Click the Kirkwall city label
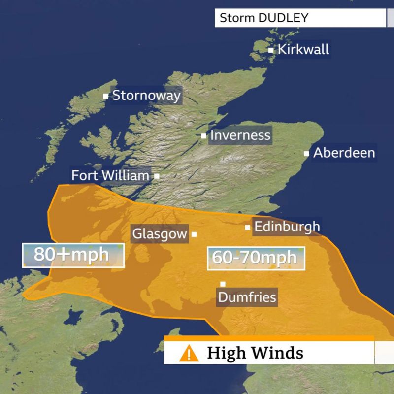(x=303, y=50)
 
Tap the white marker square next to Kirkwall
(x=271, y=50)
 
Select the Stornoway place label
(x=146, y=95)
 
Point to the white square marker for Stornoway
(x=105, y=96)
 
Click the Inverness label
(x=240, y=135)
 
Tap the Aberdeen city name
(x=344, y=153)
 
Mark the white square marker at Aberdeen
(x=306, y=153)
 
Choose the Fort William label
(x=110, y=175)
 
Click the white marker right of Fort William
(x=157, y=175)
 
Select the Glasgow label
(x=160, y=234)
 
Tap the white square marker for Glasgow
(x=194, y=234)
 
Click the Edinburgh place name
(x=287, y=227)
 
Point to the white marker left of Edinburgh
(x=248, y=227)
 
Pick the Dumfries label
(x=247, y=297)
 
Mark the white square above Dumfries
(x=223, y=284)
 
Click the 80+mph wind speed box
(x=72, y=255)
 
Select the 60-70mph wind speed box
(x=256, y=258)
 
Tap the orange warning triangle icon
(x=188, y=353)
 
